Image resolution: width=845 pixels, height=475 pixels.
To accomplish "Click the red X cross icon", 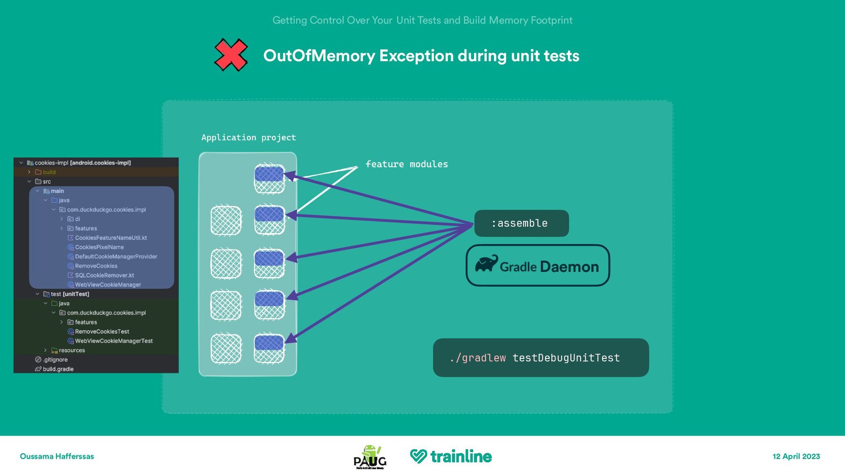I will point(231,55).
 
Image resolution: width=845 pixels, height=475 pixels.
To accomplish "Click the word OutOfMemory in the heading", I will point(319,56).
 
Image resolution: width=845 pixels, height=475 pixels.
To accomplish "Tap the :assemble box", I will point(521,223).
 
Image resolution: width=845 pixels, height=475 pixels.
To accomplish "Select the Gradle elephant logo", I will point(486,263).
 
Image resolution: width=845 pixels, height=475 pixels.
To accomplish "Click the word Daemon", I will point(569,267).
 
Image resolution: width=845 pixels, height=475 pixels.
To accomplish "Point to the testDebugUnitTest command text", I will point(566,358).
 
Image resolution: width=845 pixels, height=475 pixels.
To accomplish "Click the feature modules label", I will point(406,164).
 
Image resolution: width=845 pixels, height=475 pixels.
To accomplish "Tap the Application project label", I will point(249,138).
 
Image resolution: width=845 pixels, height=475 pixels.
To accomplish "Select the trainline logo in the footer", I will point(451,457).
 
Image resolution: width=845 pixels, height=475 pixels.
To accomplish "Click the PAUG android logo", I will point(370,457).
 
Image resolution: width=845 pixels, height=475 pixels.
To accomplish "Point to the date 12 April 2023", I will point(796,457).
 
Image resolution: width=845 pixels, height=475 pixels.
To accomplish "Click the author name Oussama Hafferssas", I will point(57,457).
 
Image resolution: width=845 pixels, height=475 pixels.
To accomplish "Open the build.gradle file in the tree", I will point(58,369).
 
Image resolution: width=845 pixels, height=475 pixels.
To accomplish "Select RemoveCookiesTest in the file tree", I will point(102,332).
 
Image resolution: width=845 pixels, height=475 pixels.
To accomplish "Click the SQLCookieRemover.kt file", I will point(104,275).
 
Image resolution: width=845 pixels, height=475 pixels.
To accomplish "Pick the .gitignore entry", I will point(55,360).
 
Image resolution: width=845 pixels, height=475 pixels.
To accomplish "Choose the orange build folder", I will point(49,172).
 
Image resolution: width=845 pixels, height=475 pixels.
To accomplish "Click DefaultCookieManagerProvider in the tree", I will point(116,256).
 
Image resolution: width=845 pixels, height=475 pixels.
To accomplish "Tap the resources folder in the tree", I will point(72,351).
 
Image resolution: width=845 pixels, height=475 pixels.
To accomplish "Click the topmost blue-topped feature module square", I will point(269,179).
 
